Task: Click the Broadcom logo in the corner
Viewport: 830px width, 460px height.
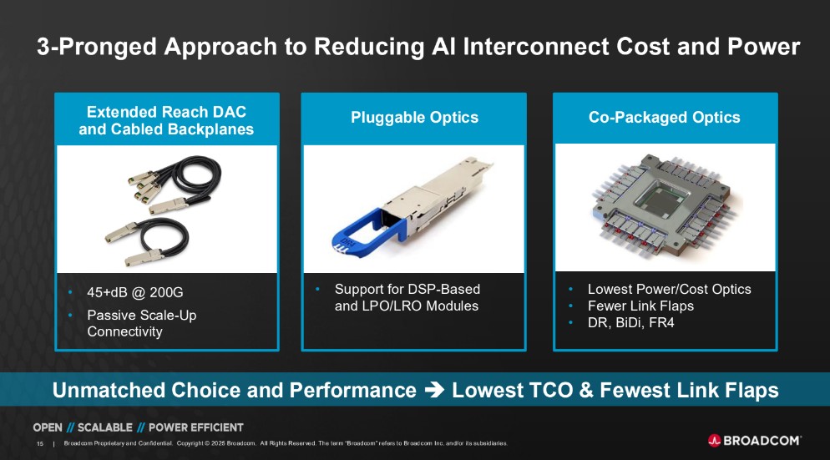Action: (754, 441)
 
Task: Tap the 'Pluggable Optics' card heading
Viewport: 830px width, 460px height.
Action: (414, 118)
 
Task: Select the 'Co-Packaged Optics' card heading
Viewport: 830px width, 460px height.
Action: (665, 118)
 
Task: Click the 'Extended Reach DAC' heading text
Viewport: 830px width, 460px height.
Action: (166, 112)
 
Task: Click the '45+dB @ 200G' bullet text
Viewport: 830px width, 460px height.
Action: (135, 292)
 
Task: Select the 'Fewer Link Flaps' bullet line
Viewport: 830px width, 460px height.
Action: (640, 306)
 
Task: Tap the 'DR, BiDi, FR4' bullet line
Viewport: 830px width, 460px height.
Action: (631, 323)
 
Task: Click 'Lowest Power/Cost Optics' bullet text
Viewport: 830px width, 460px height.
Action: (669, 289)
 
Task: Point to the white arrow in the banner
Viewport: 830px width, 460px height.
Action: (434, 390)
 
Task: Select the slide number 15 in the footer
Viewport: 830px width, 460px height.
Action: (40, 443)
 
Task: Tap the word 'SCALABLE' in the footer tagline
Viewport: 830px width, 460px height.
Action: (105, 427)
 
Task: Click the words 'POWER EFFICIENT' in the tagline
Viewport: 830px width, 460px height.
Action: (196, 427)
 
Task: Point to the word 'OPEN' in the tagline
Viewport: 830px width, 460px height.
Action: (48, 427)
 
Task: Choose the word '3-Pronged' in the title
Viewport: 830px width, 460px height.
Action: (97, 47)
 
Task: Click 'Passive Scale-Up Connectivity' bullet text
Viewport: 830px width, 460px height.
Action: (141, 323)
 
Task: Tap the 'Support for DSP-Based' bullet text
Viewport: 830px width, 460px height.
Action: (407, 289)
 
